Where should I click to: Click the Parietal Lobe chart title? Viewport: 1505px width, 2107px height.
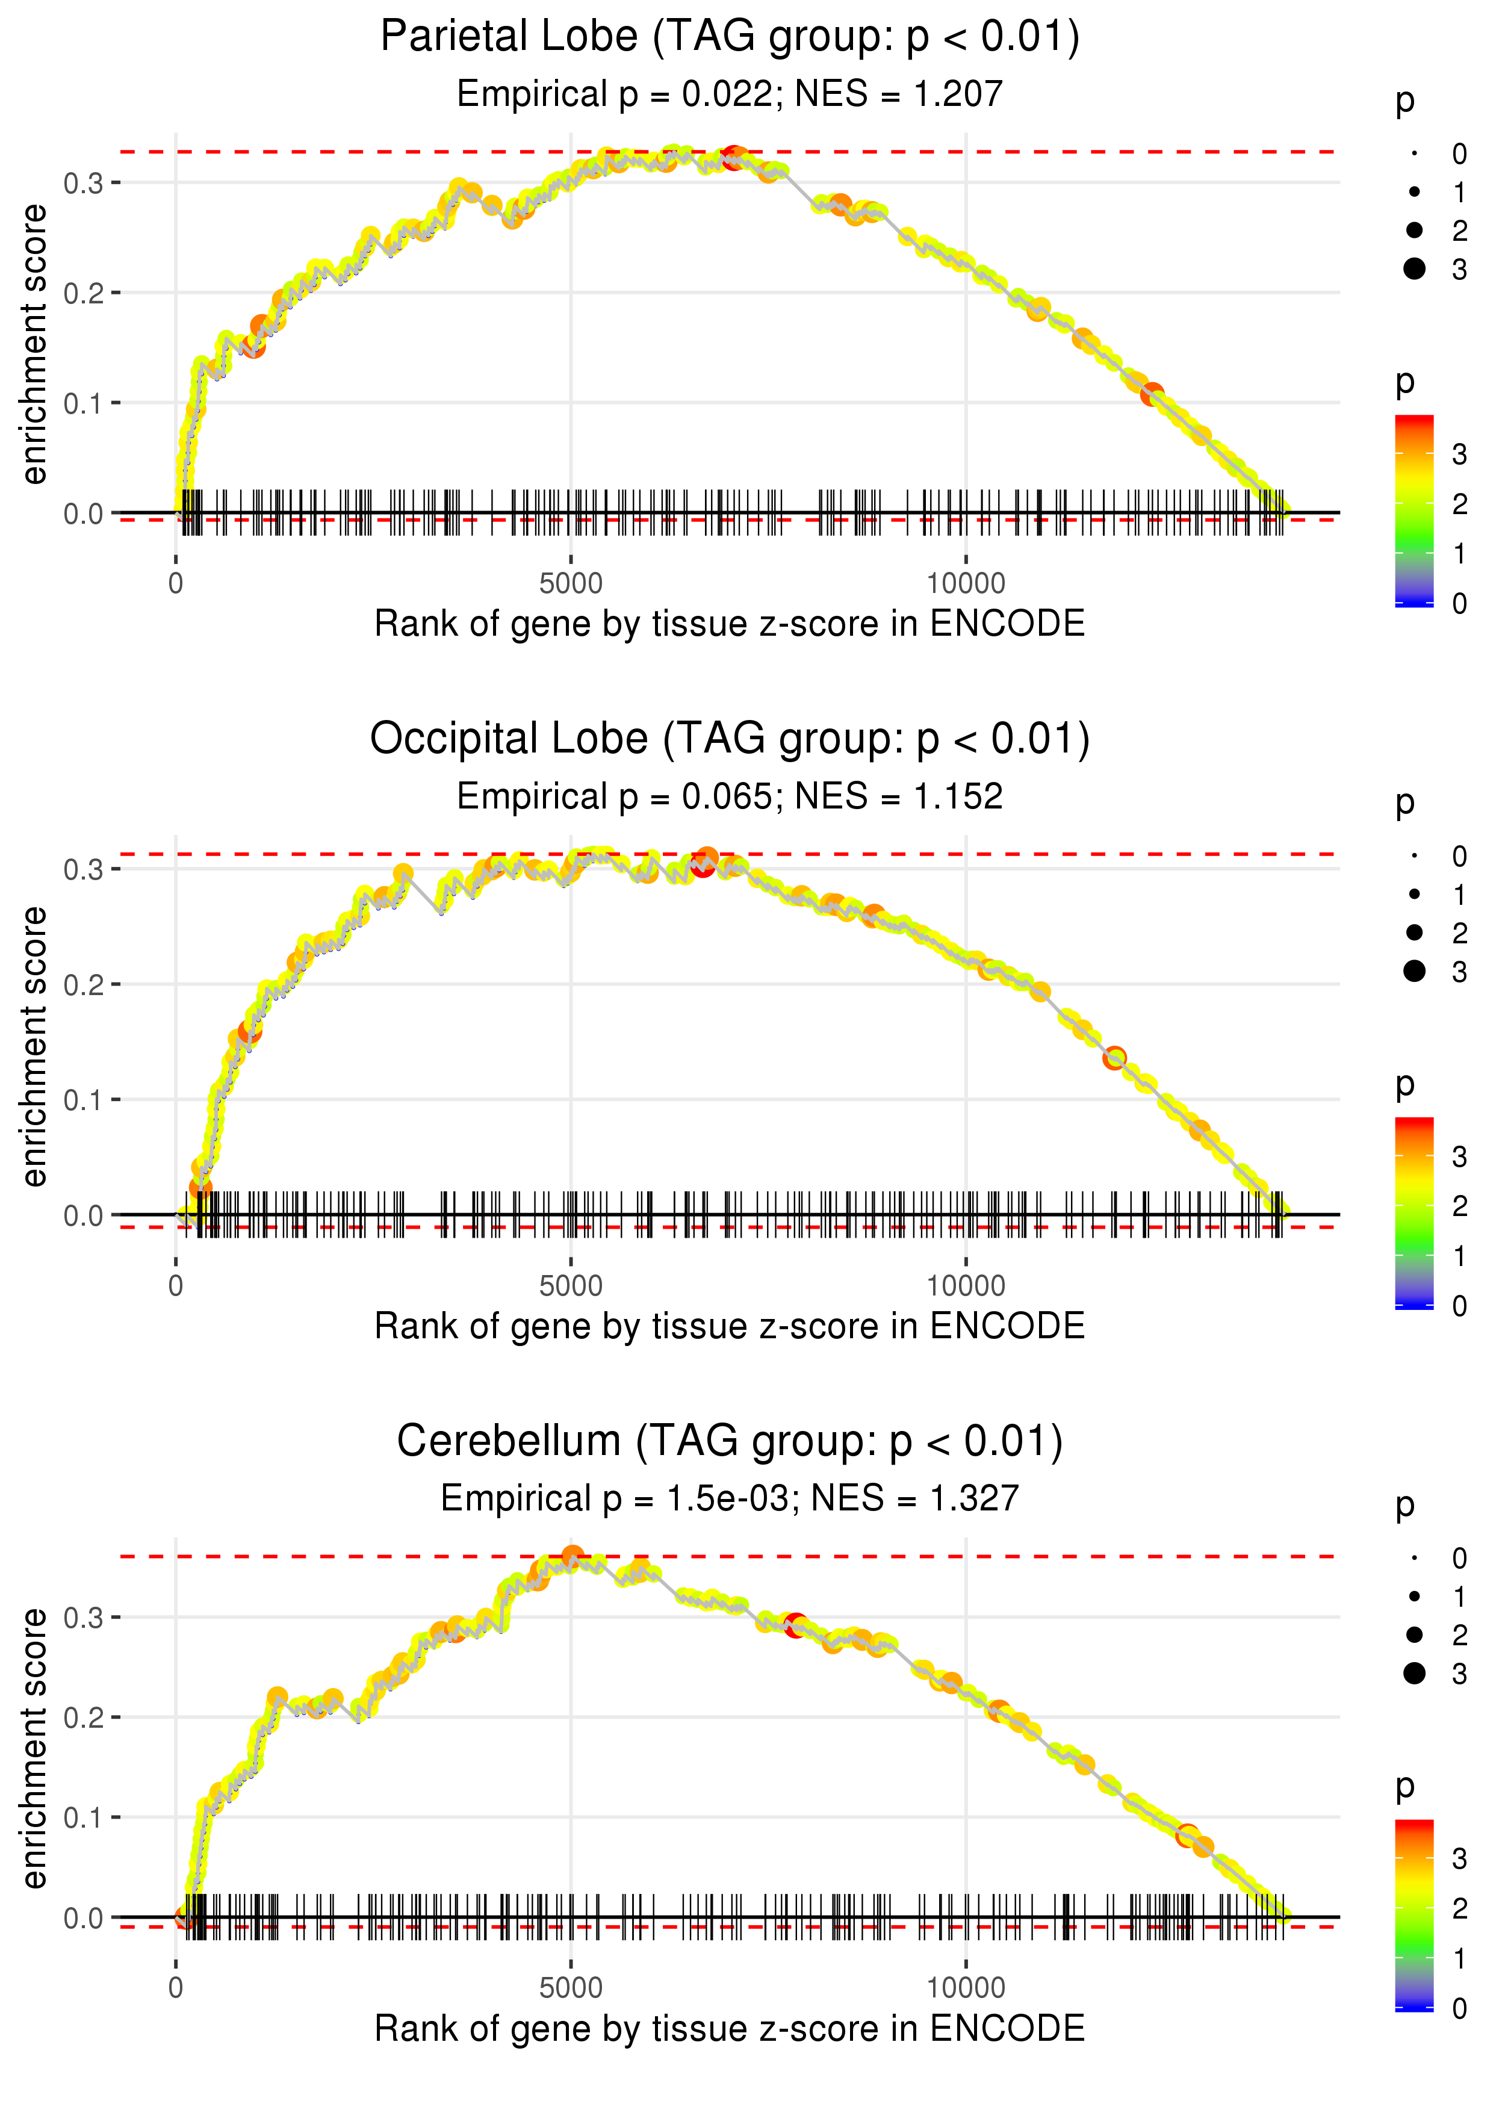click(730, 37)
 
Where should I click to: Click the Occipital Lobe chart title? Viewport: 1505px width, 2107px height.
click(730, 739)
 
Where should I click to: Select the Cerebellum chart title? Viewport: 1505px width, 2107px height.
click(730, 1442)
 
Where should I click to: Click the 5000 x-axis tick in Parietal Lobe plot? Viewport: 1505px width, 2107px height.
click(571, 584)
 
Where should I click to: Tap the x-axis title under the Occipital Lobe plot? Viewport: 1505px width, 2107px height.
click(730, 1326)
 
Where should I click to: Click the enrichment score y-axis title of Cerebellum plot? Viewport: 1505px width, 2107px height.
click(34, 1749)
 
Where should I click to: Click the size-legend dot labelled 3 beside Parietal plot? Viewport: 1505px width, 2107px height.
click(1414, 268)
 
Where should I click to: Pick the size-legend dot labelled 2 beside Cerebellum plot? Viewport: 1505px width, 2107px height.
click(1414, 1636)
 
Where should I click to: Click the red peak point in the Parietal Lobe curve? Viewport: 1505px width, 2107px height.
click(734, 157)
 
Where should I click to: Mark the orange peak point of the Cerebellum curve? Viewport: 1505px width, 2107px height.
click(573, 1556)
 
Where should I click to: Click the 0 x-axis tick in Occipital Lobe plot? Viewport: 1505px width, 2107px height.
click(176, 1286)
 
